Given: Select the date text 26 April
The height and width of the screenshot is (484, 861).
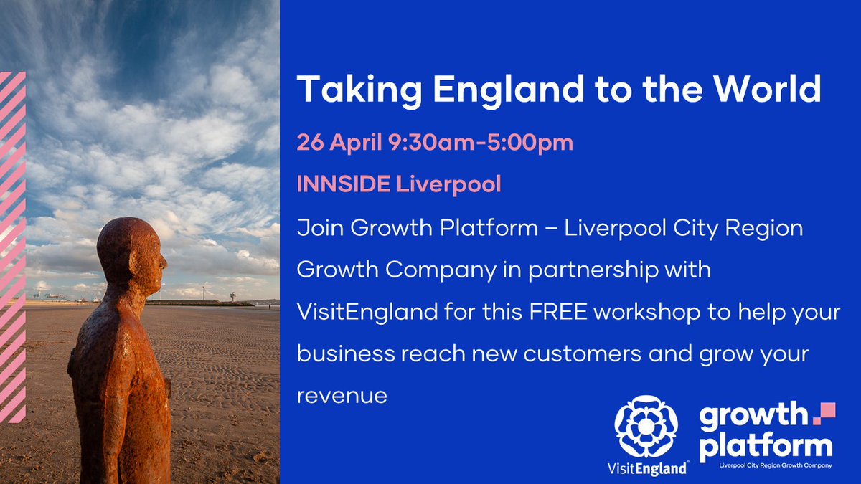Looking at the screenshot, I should (x=339, y=143).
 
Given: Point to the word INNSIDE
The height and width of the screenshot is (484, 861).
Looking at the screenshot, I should (x=342, y=184).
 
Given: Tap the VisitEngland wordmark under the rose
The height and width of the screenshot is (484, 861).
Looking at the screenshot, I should (x=646, y=468).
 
